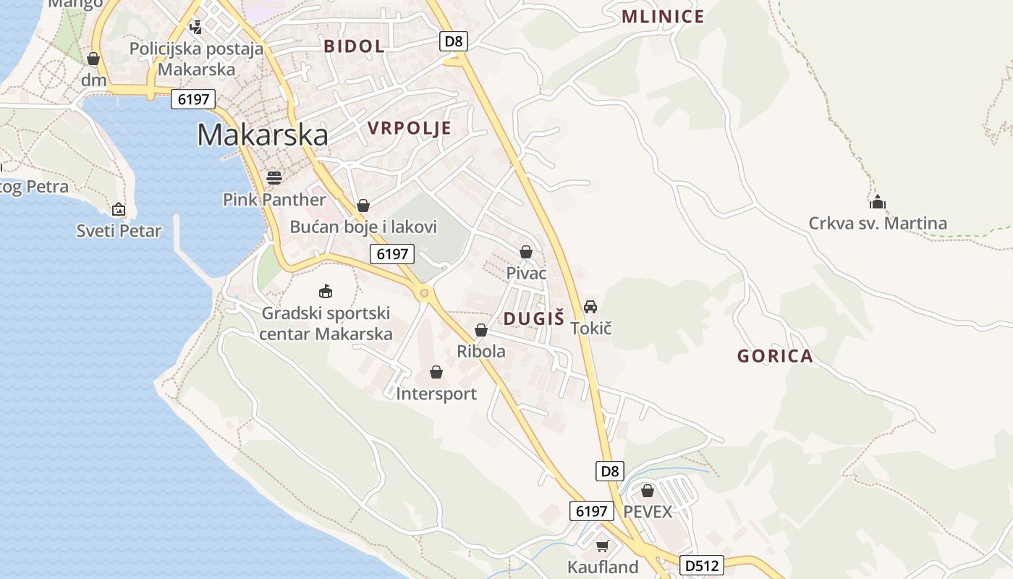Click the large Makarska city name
click(x=262, y=135)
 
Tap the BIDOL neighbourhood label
click(x=354, y=46)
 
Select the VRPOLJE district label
click(x=409, y=129)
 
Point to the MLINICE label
click(x=663, y=17)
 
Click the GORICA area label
click(x=775, y=356)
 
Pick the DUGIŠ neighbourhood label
click(x=533, y=318)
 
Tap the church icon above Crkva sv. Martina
click(x=878, y=202)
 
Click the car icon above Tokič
click(x=590, y=307)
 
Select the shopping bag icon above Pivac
click(x=526, y=252)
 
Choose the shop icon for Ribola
click(x=480, y=331)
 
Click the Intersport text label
click(x=436, y=394)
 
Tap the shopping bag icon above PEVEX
click(x=647, y=491)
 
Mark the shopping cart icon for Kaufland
click(x=602, y=546)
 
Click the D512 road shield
click(x=701, y=565)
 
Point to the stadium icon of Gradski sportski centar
click(x=326, y=291)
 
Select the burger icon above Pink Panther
click(x=274, y=177)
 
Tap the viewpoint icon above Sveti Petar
click(x=119, y=210)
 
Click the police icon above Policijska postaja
click(x=195, y=27)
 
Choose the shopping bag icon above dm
click(x=93, y=59)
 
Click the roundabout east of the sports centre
click(x=424, y=293)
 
